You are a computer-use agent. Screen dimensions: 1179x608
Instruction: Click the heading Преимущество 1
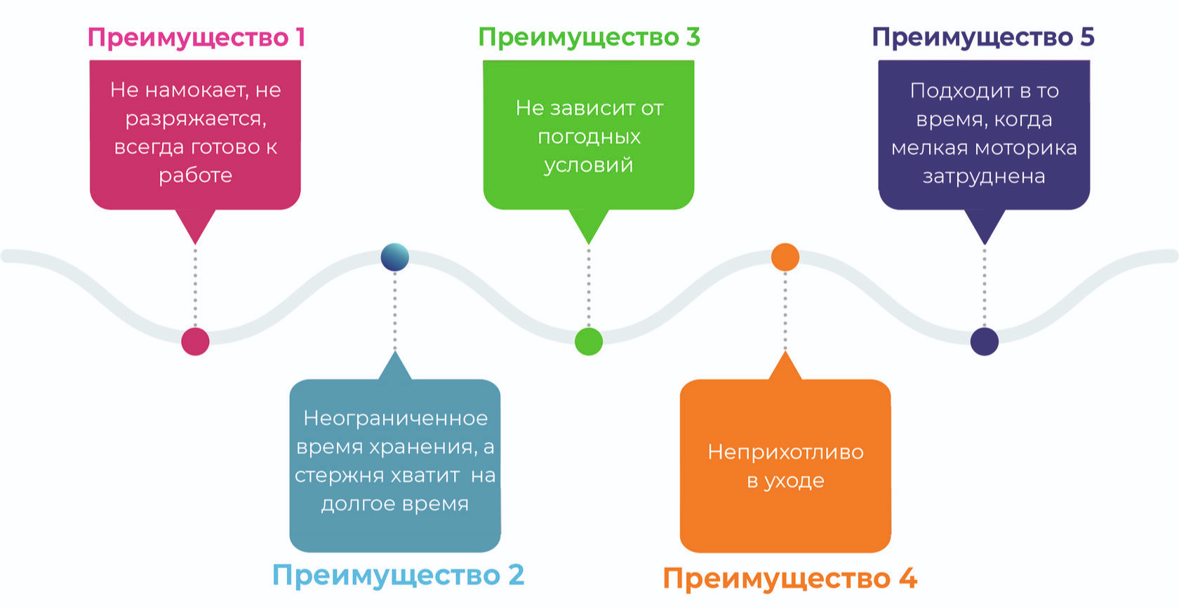[x=196, y=37]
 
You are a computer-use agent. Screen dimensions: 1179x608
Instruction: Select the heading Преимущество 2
[x=398, y=575]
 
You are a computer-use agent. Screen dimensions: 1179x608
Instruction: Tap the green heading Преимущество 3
[x=589, y=37]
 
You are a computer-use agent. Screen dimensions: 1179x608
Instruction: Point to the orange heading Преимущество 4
[x=790, y=579]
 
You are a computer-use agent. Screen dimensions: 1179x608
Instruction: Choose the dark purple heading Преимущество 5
[x=982, y=37]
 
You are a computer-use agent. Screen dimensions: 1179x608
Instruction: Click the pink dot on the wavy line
[x=195, y=342]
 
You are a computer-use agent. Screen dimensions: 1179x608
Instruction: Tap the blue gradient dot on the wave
[x=394, y=257]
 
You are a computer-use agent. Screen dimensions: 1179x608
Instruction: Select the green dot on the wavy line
[x=588, y=342]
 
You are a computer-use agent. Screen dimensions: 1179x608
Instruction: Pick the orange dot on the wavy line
[x=785, y=257]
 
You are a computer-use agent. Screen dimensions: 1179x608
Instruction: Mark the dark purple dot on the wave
[x=984, y=342]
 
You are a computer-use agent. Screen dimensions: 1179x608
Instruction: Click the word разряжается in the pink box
[x=196, y=119]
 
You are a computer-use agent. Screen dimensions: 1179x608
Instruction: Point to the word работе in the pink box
[x=195, y=175]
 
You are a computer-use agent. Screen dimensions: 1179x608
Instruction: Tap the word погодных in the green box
[x=589, y=137]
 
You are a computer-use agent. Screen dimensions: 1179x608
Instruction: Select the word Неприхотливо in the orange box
[x=785, y=452]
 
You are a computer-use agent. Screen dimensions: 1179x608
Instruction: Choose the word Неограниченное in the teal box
[x=395, y=419]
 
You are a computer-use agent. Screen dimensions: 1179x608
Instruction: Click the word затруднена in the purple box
[x=984, y=177]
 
